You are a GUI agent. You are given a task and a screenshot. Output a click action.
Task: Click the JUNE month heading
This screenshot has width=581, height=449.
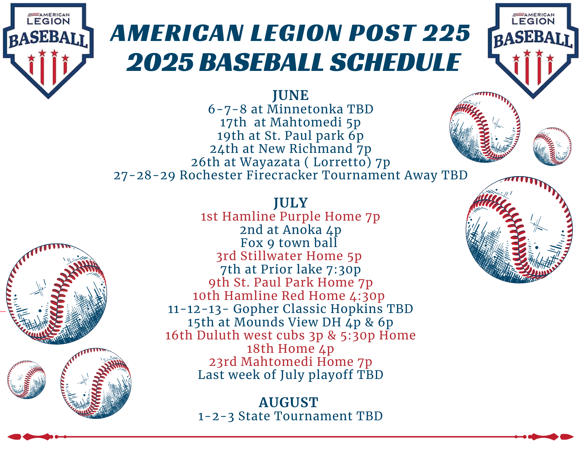click(290, 95)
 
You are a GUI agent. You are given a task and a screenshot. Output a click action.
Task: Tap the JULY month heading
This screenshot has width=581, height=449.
click(290, 203)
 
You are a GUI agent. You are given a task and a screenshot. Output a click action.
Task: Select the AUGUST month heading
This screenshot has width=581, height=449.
click(288, 403)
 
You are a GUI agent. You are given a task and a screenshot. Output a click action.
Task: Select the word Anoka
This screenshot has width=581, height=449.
click(302, 230)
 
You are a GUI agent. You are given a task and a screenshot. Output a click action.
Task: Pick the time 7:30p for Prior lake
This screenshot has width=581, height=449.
click(343, 269)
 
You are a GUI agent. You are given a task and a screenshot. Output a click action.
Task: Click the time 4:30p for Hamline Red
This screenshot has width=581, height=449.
click(367, 296)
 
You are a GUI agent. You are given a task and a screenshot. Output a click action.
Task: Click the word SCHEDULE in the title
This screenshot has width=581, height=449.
click(395, 62)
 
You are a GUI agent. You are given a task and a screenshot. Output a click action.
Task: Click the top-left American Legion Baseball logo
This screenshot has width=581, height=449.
click(48, 51)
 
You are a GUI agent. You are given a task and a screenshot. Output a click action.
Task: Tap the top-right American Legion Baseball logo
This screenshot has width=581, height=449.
click(533, 51)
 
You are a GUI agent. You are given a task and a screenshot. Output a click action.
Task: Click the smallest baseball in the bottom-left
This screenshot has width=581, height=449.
click(26, 380)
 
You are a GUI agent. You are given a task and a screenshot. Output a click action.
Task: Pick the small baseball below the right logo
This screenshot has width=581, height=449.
click(552, 146)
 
